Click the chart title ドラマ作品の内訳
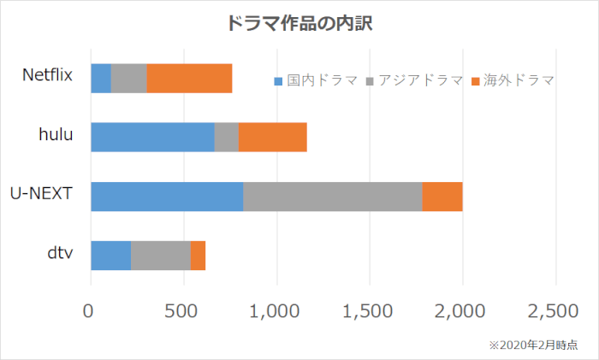click(x=299, y=23)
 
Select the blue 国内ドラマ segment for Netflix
click(x=101, y=78)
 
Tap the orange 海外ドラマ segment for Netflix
click(x=189, y=78)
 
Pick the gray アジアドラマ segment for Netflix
click(x=129, y=78)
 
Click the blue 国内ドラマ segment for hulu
click(x=152, y=137)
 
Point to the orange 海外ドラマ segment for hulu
click(x=272, y=137)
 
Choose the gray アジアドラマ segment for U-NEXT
click(x=333, y=196)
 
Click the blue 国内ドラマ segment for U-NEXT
click(x=167, y=196)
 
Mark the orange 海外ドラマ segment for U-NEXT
click(x=442, y=196)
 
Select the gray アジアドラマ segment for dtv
click(x=161, y=255)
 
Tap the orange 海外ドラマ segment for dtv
click(x=198, y=255)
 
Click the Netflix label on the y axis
click(x=47, y=74)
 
